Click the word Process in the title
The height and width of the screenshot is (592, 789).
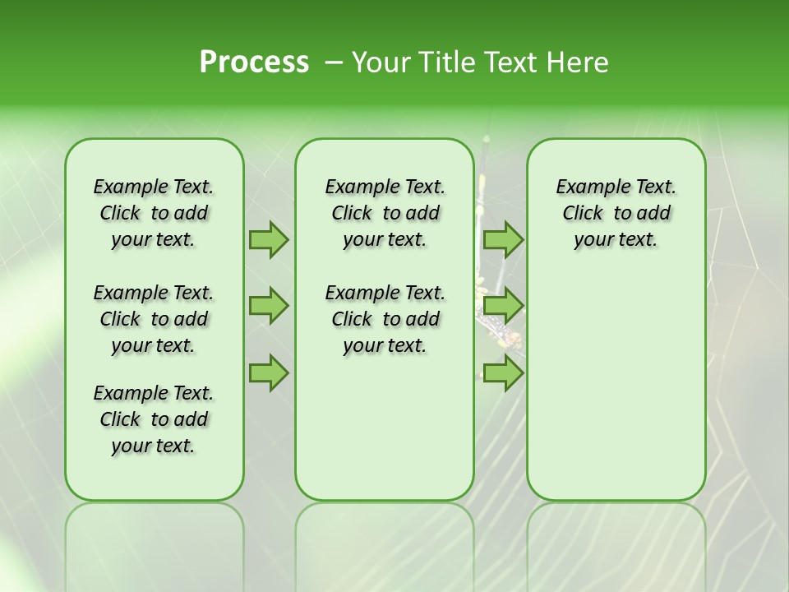coord(254,62)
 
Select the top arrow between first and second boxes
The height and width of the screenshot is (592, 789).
coord(269,239)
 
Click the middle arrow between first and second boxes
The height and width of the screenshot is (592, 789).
coord(269,306)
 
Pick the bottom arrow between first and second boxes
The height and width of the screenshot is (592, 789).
coord(269,372)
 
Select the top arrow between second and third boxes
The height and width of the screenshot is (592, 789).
coord(503,239)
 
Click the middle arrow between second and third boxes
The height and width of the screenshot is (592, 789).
coord(503,306)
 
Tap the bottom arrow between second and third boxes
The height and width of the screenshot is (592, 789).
coord(503,372)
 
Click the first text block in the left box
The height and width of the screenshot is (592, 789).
coord(154,213)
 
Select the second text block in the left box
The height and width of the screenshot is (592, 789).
coord(154,319)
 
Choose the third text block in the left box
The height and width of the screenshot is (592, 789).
coord(154,419)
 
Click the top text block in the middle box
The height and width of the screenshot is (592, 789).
coord(385,213)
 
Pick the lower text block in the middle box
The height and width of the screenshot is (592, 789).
coord(385,319)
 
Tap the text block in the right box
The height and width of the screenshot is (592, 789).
coord(616,213)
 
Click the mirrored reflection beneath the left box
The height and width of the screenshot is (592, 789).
coord(154,543)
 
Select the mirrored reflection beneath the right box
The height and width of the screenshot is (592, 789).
coord(616,543)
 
